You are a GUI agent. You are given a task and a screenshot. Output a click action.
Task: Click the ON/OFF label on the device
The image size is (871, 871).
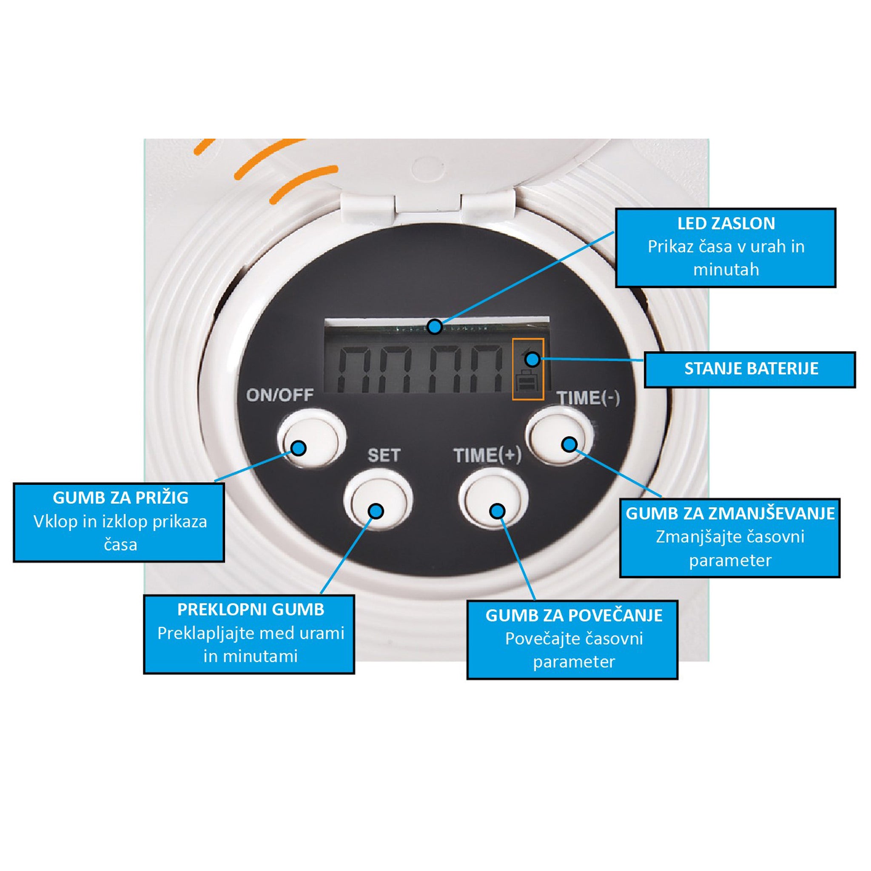point(279,395)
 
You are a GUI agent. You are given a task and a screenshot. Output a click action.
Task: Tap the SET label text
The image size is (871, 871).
point(384,455)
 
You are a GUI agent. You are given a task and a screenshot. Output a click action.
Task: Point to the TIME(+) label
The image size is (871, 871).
point(487,455)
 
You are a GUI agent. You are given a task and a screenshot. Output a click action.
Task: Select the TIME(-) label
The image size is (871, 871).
point(588,398)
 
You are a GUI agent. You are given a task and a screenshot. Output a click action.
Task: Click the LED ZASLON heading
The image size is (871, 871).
point(726,224)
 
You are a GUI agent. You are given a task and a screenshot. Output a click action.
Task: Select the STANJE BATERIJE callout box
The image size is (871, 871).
point(750,370)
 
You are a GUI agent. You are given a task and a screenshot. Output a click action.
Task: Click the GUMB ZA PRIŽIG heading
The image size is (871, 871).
point(120,498)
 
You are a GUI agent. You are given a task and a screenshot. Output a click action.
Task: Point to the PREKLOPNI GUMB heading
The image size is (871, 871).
point(250,609)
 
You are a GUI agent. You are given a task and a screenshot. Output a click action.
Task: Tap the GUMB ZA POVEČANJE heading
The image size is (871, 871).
point(574,615)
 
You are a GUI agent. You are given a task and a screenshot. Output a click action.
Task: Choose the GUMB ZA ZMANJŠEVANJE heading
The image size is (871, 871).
point(730,513)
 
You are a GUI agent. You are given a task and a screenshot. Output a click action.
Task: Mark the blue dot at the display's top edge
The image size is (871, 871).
point(435,326)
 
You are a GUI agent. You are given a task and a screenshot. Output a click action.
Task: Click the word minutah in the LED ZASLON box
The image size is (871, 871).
point(726,270)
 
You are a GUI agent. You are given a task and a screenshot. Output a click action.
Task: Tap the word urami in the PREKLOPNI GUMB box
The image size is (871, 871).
point(319,633)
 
